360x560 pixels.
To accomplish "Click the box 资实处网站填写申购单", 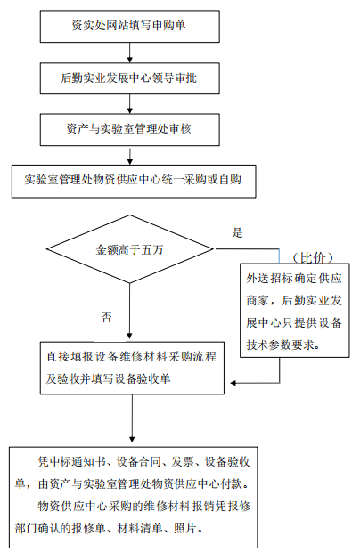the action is coord(130,27).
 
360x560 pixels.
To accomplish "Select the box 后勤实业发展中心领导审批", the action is coord(130,78).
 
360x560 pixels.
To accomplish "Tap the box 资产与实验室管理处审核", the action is coord(130,130).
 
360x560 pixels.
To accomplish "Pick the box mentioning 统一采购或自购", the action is coord(134,181).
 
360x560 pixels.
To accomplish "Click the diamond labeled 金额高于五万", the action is coord(130,249).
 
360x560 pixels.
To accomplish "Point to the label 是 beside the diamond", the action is coord(237,233).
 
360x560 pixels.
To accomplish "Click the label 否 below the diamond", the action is coord(107,317).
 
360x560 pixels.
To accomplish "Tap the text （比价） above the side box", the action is coord(313,257).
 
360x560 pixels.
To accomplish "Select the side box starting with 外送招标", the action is coord(295,311).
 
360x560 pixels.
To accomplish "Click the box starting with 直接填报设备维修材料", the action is coord(132,368).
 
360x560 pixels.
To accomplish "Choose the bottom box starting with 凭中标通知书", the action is coord(133,497).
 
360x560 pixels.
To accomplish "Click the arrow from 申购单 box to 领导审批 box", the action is coord(130,53).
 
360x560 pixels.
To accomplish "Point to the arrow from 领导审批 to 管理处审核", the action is coord(130,104).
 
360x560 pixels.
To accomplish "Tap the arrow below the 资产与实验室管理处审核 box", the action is coord(130,155).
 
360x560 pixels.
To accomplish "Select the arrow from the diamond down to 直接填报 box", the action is coord(130,312).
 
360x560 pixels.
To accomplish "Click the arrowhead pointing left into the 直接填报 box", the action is coord(233,383).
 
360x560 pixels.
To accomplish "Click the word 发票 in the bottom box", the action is coord(183,462).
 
